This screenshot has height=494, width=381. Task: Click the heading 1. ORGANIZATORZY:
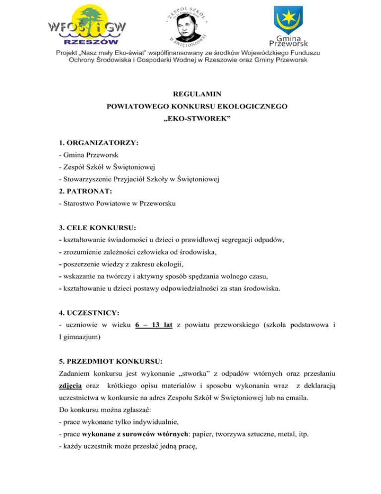98,142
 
